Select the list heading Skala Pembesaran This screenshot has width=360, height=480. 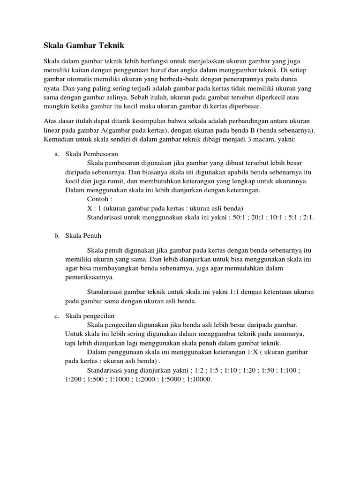(91, 154)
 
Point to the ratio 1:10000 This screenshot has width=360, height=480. (199, 379)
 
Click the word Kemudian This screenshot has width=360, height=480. (59, 141)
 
